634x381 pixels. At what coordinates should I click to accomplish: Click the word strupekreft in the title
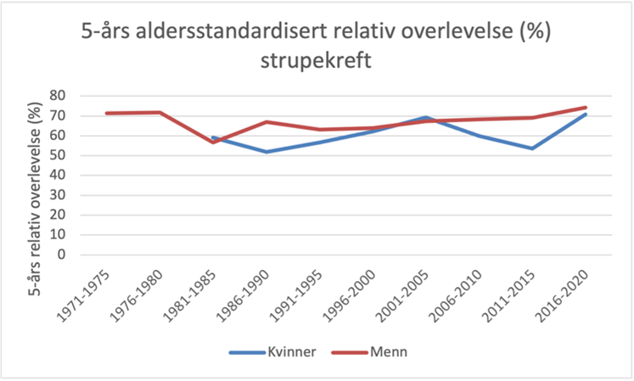point(317,64)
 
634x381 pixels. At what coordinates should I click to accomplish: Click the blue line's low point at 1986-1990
point(267,152)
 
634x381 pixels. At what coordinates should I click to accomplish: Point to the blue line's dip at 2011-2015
point(532,148)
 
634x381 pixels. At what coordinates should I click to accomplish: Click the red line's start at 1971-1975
point(106,113)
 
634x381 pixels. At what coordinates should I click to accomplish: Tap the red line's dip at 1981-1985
point(213,142)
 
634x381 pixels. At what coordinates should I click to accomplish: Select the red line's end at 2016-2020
point(586,107)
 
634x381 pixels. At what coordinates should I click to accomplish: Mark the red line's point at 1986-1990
point(267,121)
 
